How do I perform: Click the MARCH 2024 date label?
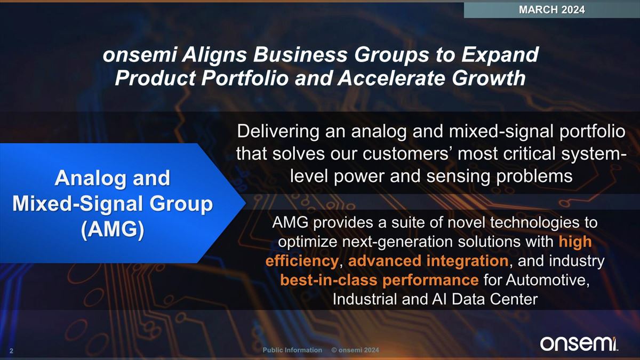point(551,10)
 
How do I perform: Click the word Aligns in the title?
point(214,54)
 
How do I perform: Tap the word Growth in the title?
point(489,78)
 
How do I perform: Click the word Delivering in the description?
point(278,132)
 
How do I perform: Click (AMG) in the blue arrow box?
point(113,229)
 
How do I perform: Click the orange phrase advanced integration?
point(428,261)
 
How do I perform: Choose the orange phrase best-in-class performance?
point(379,280)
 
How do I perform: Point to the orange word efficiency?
point(302,261)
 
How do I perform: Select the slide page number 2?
point(11,351)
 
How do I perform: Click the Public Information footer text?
point(292,350)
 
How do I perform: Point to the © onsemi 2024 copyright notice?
point(355,350)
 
